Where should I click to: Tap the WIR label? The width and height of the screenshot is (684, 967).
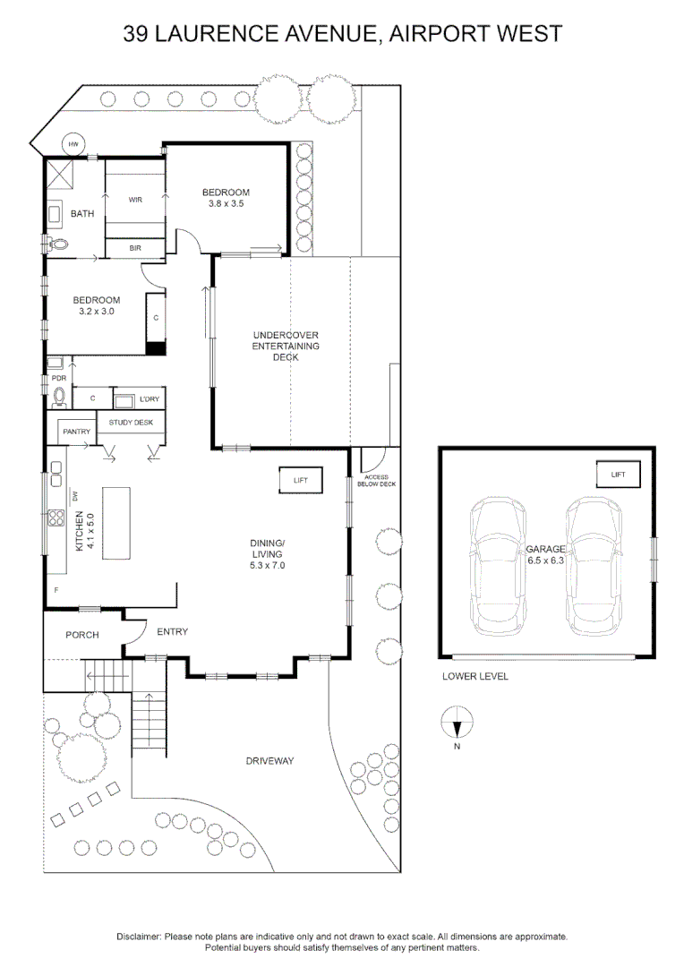tap(136, 200)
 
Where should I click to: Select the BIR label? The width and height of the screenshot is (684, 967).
tap(135, 247)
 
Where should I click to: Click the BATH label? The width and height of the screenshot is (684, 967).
tap(82, 214)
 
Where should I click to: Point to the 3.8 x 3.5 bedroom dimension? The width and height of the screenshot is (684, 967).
tap(226, 204)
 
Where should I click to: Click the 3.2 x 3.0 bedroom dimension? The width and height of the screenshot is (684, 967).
tap(96, 312)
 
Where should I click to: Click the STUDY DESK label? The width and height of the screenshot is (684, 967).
tap(131, 422)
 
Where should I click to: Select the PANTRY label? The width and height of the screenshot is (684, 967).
tap(77, 432)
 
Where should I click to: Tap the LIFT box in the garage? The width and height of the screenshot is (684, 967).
tap(619, 475)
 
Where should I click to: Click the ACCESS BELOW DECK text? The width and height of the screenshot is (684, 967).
tap(376, 481)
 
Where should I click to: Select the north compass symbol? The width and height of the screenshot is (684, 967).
tap(457, 720)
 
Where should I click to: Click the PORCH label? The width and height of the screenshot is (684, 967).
tap(81, 636)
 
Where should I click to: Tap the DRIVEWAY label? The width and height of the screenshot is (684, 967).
tap(270, 761)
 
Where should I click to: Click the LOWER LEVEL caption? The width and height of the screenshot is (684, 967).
tap(475, 677)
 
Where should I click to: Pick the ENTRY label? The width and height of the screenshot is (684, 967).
tap(172, 632)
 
